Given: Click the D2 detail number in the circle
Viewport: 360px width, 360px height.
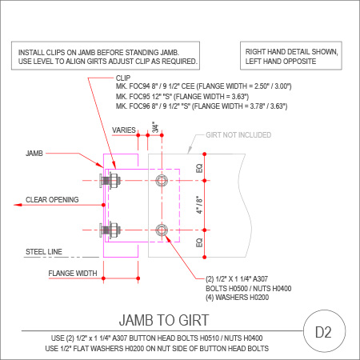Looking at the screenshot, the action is click(323, 332).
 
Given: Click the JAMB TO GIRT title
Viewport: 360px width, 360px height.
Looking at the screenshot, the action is click(164, 320).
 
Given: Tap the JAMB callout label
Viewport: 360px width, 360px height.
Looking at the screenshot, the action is click(34, 154).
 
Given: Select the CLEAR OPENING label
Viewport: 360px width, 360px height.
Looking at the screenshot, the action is click(52, 200).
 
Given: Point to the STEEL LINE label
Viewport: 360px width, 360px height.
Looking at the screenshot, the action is click(44, 251).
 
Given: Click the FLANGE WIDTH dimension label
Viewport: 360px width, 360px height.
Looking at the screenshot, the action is click(73, 274).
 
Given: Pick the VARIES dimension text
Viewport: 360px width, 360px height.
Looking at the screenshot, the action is click(124, 130).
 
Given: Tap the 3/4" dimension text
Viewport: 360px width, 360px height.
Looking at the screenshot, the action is click(155, 127).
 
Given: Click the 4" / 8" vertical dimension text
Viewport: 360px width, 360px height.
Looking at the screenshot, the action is click(199, 205).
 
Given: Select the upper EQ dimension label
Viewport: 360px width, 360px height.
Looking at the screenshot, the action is click(199, 168).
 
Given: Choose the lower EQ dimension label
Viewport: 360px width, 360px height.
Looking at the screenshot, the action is click(199, 242).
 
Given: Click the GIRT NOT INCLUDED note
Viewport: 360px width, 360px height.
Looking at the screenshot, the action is click(238, 135).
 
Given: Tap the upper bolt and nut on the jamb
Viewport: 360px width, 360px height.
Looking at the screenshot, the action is click(110, 181).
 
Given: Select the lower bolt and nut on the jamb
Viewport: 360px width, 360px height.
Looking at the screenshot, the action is click(110, 230).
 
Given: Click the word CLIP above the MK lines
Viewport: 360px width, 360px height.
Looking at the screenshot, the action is click(123, 78).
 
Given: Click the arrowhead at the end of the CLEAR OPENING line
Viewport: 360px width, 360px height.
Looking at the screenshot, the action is click(18, 205).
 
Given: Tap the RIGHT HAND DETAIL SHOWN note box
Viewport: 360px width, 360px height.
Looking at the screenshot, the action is click(291, 56).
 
